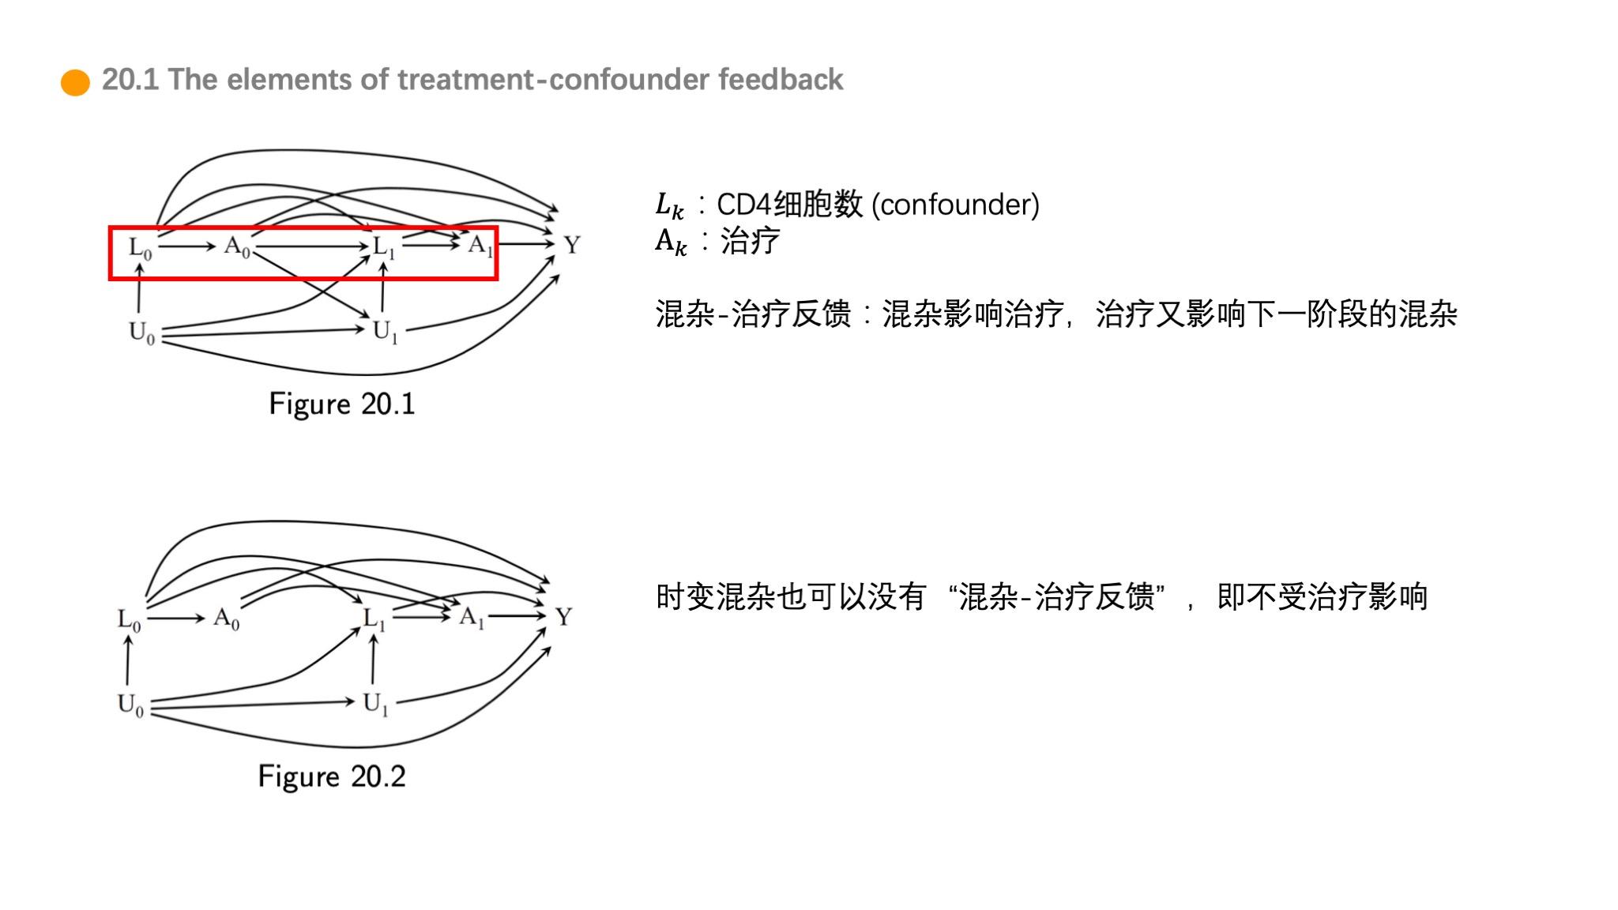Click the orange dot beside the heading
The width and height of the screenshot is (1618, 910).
coord(75,82)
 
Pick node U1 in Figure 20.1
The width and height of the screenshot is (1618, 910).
coord(385,332)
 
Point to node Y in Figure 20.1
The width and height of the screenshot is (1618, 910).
coord(572,246)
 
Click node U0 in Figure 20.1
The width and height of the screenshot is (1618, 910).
coord(141,333)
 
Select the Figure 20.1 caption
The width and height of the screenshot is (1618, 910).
coord(341,404)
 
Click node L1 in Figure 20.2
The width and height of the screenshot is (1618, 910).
coord(374,619)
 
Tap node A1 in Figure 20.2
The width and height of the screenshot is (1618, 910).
coord(472,617)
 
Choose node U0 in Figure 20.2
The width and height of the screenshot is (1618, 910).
coord(130,704)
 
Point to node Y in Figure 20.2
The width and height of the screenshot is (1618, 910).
coord(563,617)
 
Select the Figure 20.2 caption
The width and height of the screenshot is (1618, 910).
coord(332,777)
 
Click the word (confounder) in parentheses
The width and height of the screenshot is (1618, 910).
coord(955,205)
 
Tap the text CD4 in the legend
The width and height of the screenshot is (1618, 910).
coord(743,205)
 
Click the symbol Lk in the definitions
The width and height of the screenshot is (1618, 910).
coord(668,206)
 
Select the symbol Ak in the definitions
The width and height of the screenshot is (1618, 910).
coord(670,242)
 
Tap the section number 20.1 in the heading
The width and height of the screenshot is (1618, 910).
coord(130,80)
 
